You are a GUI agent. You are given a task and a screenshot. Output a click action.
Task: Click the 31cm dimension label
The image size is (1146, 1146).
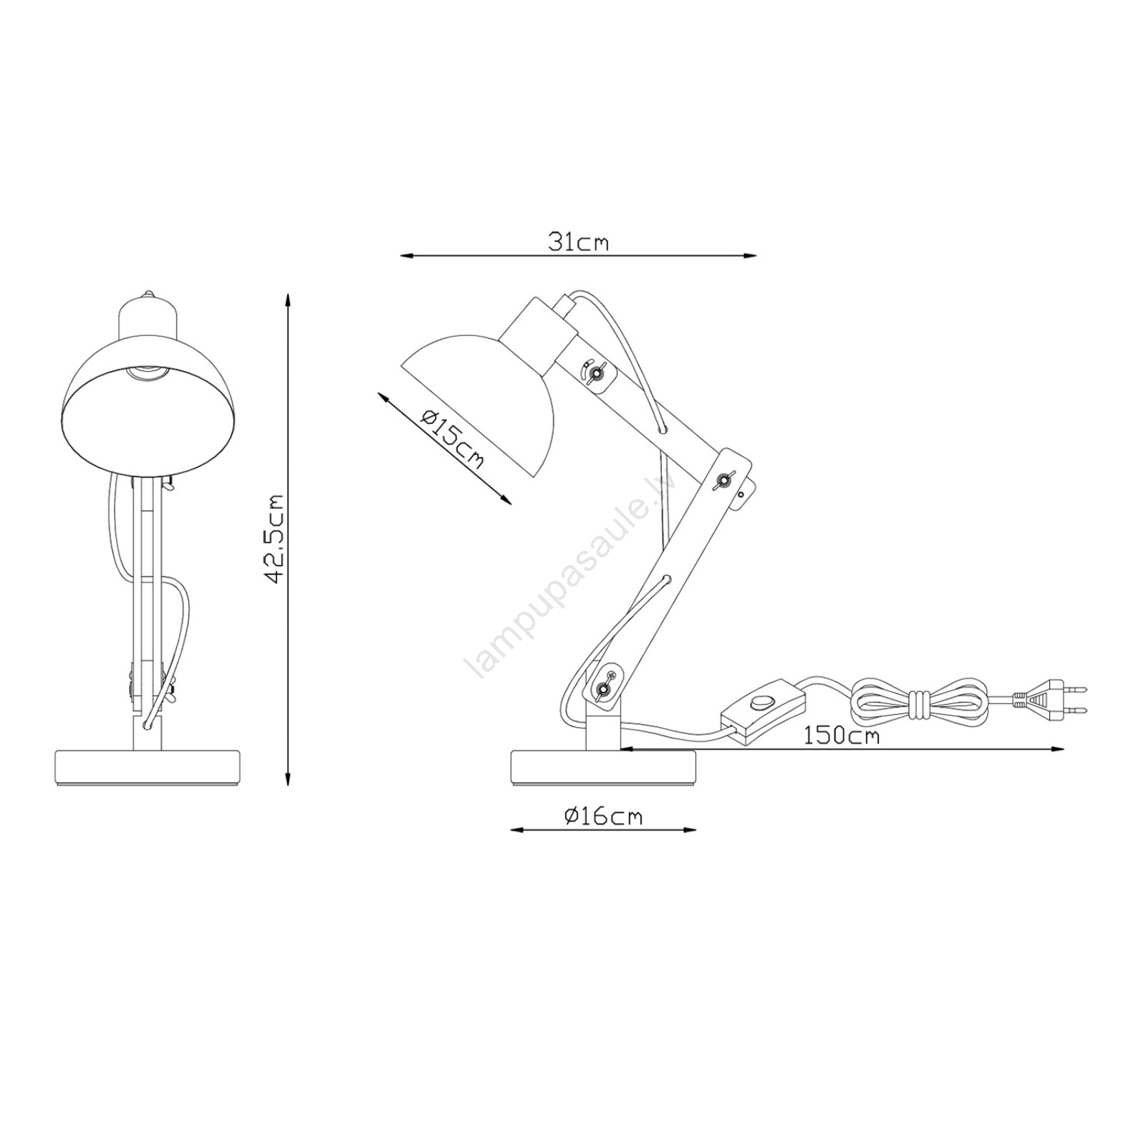(579, 242)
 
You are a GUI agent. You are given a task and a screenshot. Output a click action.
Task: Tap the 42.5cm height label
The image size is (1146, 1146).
(276, 538)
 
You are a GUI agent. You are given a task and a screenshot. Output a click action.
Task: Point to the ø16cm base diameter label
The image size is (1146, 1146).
(603, 816)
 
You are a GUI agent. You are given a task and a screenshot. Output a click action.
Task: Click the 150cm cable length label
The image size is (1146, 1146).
(841, 736)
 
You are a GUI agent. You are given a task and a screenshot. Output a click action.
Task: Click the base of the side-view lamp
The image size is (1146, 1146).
(603, 768)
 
